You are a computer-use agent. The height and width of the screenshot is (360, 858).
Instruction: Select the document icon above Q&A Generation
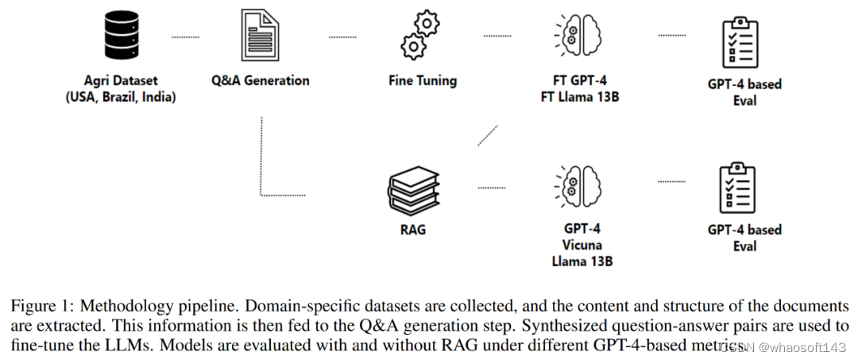260,37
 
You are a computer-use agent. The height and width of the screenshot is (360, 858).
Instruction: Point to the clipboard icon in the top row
736,41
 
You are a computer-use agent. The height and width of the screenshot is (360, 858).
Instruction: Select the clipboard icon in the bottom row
736,188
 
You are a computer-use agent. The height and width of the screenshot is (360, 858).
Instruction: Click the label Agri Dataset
121,80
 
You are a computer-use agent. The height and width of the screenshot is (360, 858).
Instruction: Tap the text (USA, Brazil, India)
121,97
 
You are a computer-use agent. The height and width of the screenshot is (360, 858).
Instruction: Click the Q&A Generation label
260,80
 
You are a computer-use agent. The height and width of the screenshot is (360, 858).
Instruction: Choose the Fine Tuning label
422,80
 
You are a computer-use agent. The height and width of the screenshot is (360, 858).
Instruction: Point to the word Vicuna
582,245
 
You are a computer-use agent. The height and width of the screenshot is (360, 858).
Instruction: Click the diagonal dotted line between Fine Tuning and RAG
488,135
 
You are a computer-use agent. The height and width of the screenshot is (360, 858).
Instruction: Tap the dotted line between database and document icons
186,37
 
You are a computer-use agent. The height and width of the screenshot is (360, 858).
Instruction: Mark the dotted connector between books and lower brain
491,188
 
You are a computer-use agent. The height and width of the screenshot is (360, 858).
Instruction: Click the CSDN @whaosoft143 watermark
786,346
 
